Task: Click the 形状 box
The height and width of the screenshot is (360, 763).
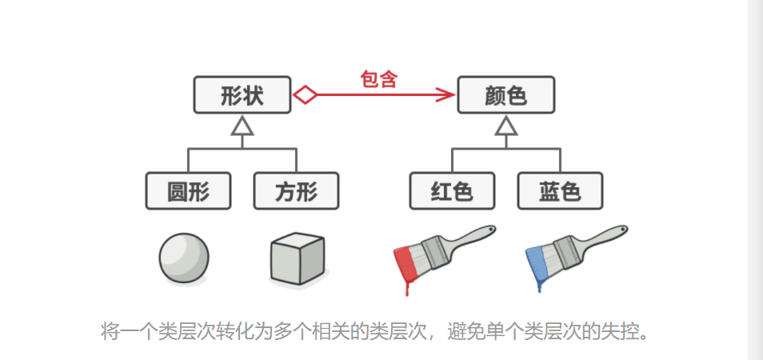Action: tap(242, 95)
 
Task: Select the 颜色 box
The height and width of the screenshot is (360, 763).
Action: tap(505, 95)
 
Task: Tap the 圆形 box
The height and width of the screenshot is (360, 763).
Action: tap(188, 191)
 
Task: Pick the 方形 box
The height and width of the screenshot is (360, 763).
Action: tap(296, 191)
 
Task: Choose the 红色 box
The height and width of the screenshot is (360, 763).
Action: tap(452, 191)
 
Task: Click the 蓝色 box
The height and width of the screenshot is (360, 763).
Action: tap(560, 191)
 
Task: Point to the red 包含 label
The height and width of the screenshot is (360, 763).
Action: tap(379, 79)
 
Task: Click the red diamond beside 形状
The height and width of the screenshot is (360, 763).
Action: tap(305, 95)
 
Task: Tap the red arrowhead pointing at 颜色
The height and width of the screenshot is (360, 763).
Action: tap(446, 95)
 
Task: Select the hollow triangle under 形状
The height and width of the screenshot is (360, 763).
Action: tap(242, 126)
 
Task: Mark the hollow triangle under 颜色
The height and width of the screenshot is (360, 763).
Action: tap(505, 126)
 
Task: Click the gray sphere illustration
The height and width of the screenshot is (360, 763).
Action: tap(184, 258)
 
